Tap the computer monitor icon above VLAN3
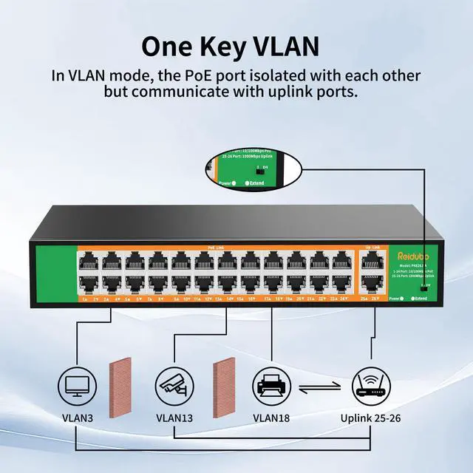pyautogui.click(x=75, y=385)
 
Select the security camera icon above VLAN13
pyautogui.click(x=174, y=385)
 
